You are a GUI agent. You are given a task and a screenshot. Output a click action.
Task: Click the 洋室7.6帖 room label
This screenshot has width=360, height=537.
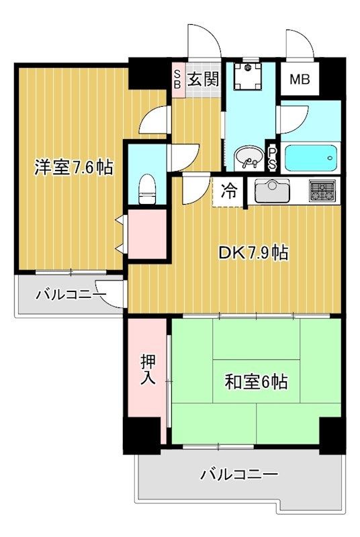pyautogui.click(x=74, y=167)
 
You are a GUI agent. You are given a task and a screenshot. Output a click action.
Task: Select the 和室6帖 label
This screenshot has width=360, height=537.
pyautogui.click(x=256, y=382)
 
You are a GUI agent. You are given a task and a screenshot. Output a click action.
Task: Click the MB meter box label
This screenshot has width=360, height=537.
pyautogui.click(x=300, y=80)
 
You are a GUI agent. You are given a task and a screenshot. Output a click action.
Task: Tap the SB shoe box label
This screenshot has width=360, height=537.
pyautogui.click(x=177, y=79)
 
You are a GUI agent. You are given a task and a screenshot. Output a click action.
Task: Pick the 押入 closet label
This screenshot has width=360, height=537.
pyautogui.click(x=148, y=370)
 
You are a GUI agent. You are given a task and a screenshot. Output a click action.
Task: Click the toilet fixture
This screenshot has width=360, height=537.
pyautogui.click(x=146, y=187)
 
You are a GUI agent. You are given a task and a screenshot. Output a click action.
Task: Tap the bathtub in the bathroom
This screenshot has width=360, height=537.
pyautogui.click(x=310, y=159)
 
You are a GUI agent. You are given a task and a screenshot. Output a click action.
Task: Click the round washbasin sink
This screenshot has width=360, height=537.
pyautogui.click(x=248, y=158)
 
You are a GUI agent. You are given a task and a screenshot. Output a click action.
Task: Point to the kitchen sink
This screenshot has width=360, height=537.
pyautogui.click(x=272, y=192)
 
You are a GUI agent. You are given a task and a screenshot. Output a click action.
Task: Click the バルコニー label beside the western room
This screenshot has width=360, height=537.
pyautogui.click(x=71, y=295)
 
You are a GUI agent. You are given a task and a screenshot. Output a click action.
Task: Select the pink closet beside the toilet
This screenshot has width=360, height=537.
pyautogui.click(x=146, y=235)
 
